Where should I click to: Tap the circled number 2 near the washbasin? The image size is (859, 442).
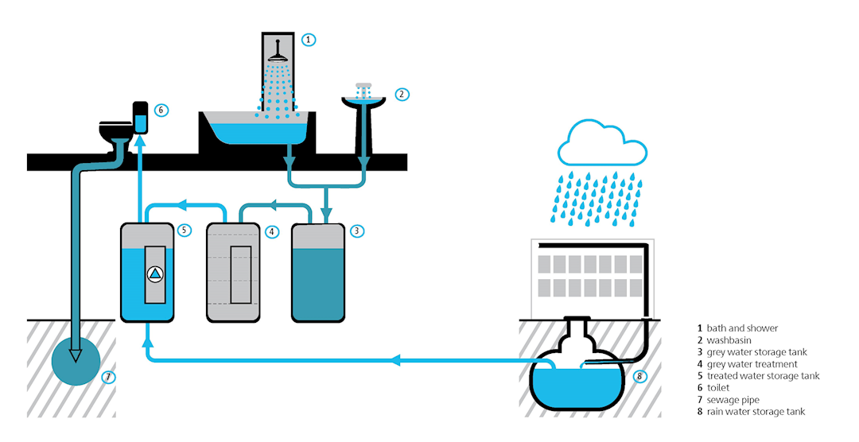click(x=402, y=94)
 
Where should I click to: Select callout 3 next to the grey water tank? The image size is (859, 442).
click(x=358, y=231)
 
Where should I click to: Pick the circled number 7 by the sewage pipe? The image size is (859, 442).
click(x=109, y=376)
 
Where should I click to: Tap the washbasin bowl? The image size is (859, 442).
click(x=365, y=103)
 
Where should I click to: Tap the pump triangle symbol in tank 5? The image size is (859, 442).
click(x=155, y=274)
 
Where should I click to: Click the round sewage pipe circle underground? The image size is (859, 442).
click(x=77, y=363)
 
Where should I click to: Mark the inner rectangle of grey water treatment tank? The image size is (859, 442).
click(x=240, y=274)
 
